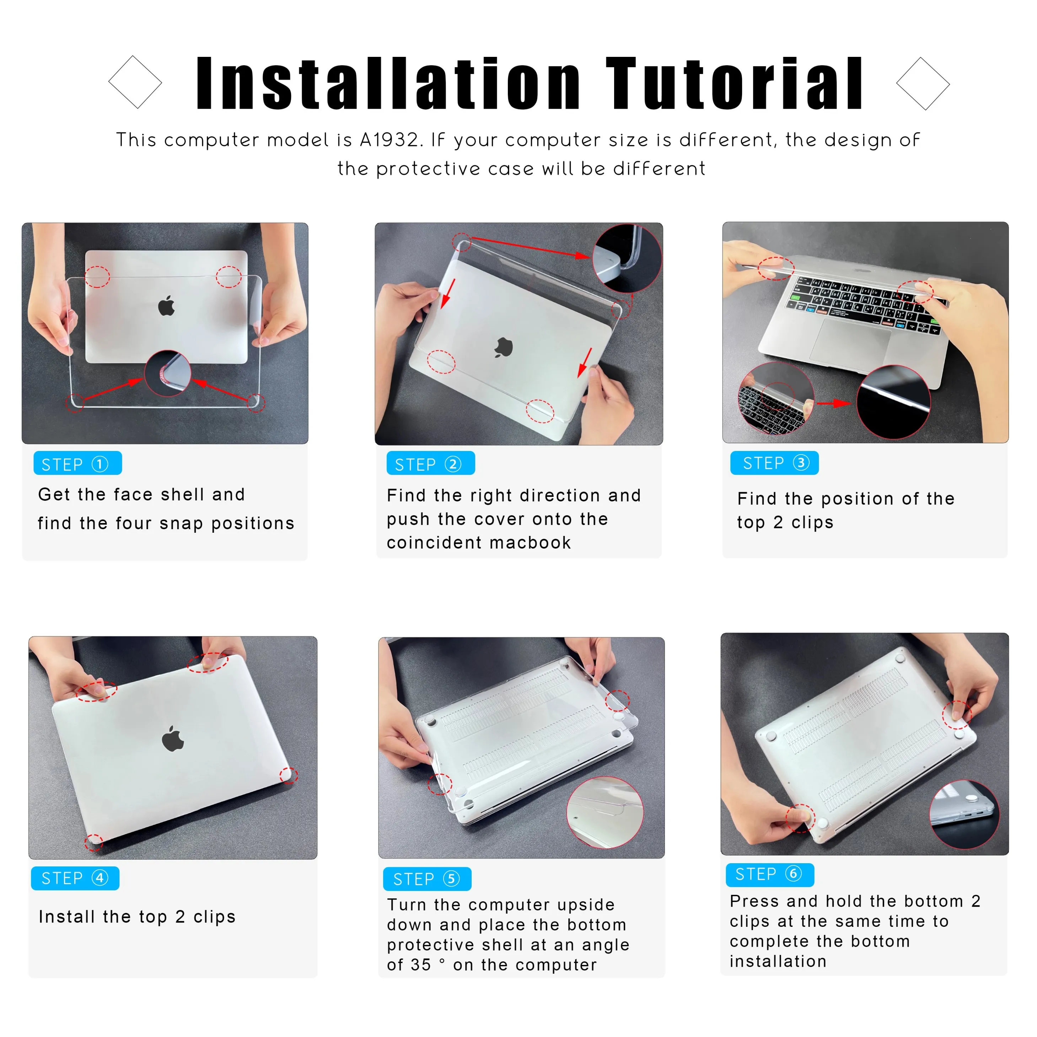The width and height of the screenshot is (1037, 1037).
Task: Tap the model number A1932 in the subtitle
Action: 389,140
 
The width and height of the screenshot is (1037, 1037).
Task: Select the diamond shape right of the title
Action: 923,84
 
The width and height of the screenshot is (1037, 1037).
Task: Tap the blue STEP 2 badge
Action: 430,464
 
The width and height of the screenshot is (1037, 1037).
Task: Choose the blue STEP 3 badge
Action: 774,463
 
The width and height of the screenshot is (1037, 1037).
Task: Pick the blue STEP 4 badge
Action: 75,878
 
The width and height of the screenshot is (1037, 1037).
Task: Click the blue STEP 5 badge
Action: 427,879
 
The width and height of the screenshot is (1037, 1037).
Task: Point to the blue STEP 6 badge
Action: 770,874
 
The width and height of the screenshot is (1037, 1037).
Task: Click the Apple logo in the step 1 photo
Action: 166,306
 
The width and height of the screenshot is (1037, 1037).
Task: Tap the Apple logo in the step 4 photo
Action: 173,739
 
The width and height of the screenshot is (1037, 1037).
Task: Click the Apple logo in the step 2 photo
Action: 504,348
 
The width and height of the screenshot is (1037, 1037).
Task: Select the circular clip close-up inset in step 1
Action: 167,374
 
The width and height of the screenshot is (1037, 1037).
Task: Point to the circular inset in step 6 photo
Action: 964,814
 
